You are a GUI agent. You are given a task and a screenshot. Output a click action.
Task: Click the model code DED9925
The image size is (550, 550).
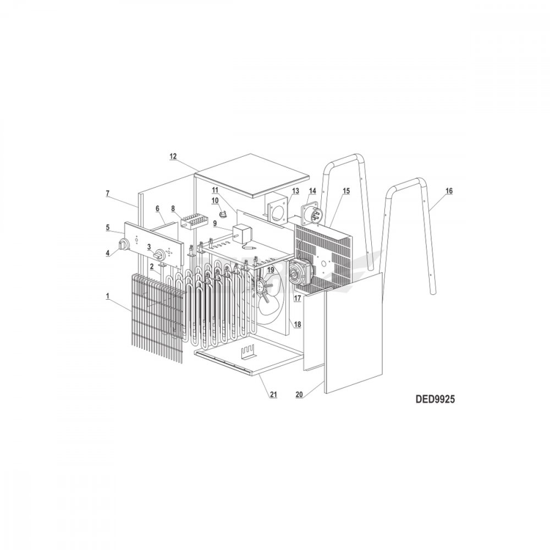(x=435, y=399)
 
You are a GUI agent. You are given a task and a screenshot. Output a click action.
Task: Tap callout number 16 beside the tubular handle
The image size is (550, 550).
(x=449, y=191)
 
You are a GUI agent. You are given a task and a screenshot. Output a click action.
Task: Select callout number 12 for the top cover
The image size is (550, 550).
(x=173, y=156)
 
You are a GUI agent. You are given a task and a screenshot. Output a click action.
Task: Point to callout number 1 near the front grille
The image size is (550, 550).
(x=108, y=296)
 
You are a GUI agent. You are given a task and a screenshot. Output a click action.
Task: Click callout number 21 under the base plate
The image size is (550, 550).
(x=273, y=394)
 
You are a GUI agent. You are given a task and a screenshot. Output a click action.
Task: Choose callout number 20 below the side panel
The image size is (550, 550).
(x=299, y=394)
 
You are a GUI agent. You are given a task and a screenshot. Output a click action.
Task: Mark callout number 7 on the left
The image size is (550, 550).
(x=108, y=193)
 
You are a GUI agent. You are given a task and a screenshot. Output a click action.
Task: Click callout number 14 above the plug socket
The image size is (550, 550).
(x=312, y=191)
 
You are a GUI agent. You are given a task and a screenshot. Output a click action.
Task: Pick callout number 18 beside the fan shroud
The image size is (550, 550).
(x=298, y=325)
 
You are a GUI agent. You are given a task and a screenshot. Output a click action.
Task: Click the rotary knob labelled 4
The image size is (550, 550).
(x=123, y=245)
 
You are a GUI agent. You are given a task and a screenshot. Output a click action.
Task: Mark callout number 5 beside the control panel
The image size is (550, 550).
(x=108, y=227)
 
